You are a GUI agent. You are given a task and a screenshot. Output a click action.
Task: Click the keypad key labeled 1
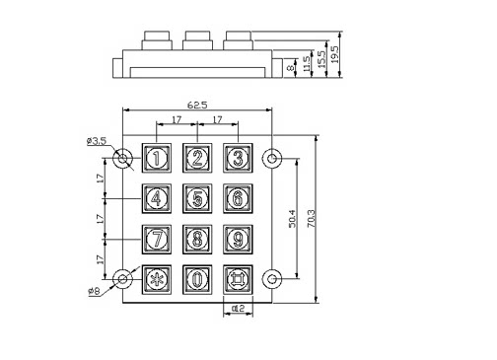point(157,158)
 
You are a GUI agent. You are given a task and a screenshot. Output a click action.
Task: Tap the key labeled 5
point(197,198)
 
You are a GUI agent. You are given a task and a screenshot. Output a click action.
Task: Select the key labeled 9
point(238,240)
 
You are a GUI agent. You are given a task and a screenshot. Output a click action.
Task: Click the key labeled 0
point(197,280)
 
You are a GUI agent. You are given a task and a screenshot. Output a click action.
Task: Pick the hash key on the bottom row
point(238,280)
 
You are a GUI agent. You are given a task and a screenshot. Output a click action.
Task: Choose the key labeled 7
point(157,240)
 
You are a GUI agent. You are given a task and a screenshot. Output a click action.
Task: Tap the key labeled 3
point(238,158)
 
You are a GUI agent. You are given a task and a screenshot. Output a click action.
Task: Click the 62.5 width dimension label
point(197,106)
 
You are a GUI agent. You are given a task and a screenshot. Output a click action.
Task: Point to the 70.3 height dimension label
point(311,219)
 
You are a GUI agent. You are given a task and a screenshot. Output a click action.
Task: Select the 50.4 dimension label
point(292,219)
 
